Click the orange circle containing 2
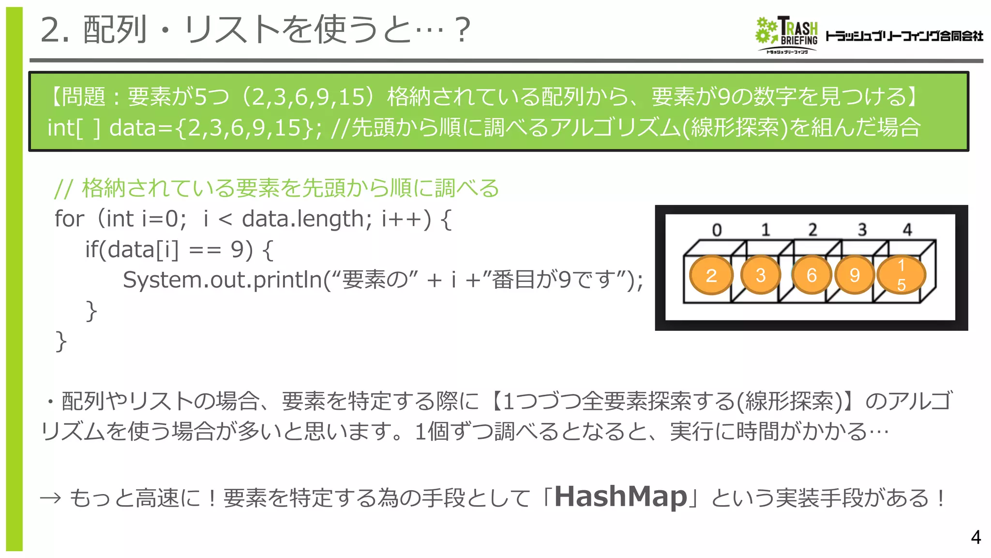711,275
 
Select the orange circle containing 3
760,275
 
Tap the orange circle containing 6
811,275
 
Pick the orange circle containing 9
855,275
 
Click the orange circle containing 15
901,275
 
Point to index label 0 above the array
717,230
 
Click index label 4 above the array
907,230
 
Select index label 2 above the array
812,230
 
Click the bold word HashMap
620,496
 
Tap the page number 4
976,537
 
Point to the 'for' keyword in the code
69,219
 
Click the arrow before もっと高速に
50,498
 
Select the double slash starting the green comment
63,188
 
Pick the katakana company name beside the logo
904,36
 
